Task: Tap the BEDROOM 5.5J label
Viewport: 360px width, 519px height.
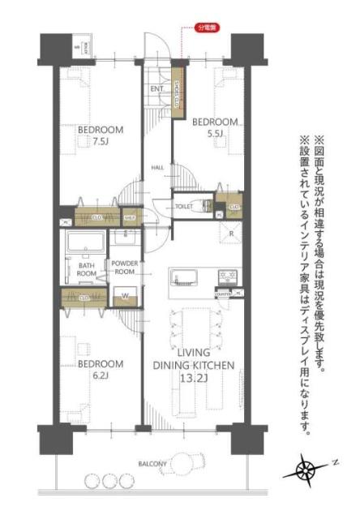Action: click(x=215, y=128)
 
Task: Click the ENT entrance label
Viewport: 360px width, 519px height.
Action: click(x=156, y=88)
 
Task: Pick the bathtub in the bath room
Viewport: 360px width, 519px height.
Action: click(x=81, y=244)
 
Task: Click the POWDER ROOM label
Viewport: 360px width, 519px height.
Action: click(x=126, y=268)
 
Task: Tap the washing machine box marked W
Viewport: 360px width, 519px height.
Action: click(x=124, y=298)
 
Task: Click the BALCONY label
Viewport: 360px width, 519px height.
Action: click(x=152, y=465)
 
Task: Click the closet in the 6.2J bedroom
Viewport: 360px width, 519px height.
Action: click(x=84, y=298)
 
